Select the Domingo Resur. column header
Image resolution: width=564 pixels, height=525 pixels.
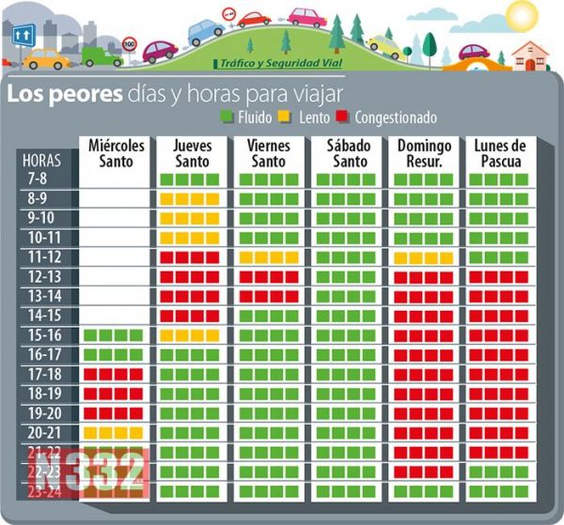click(x=424, y=153)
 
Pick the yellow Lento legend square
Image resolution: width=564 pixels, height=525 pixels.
click(x=289, y=117)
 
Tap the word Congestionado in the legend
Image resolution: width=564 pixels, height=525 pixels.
click(x=385, y=117)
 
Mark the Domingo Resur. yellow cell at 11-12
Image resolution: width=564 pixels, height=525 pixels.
click(x=424, y=257)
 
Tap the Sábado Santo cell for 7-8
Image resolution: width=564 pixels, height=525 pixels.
click(x=346, y=178)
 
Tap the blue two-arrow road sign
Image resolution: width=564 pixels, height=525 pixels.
click(x=23, y=33)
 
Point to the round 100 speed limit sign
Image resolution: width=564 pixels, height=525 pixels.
click(x=130, y=44)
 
